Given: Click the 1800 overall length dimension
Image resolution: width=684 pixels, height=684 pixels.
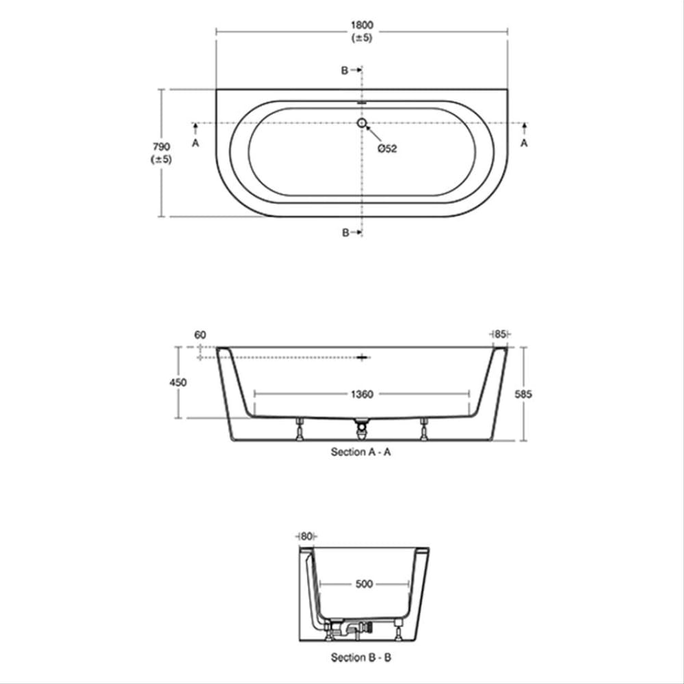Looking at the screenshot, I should point(362,25).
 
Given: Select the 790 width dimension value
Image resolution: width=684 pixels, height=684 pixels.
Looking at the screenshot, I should point(162,146).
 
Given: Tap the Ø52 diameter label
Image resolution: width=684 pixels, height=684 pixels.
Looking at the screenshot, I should point(387,148).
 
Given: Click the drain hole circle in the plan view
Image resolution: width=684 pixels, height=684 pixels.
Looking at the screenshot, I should point(362,123).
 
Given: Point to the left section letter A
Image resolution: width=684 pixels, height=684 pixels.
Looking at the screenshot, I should point(196,143).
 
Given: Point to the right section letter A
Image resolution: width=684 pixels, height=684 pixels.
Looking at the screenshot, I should point(525,143).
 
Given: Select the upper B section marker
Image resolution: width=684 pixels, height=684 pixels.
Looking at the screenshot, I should point(346,70).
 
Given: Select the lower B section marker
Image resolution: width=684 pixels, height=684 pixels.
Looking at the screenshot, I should point(346,233).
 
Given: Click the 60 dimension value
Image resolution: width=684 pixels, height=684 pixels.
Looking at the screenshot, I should point(200,334).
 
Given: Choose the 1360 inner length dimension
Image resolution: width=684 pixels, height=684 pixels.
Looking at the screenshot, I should point(362,394).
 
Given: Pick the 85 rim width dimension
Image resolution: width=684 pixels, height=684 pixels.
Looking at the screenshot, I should point(500,334).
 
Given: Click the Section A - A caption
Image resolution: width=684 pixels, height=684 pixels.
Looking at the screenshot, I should point(361,452).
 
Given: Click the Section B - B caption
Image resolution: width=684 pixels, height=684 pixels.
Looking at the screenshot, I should point(361,657).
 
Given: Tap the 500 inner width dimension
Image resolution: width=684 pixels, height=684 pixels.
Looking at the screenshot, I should point(365,584).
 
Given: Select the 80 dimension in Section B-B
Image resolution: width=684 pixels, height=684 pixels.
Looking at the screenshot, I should point(305,536).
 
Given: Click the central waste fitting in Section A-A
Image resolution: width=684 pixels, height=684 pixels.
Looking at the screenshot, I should point(362,429).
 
